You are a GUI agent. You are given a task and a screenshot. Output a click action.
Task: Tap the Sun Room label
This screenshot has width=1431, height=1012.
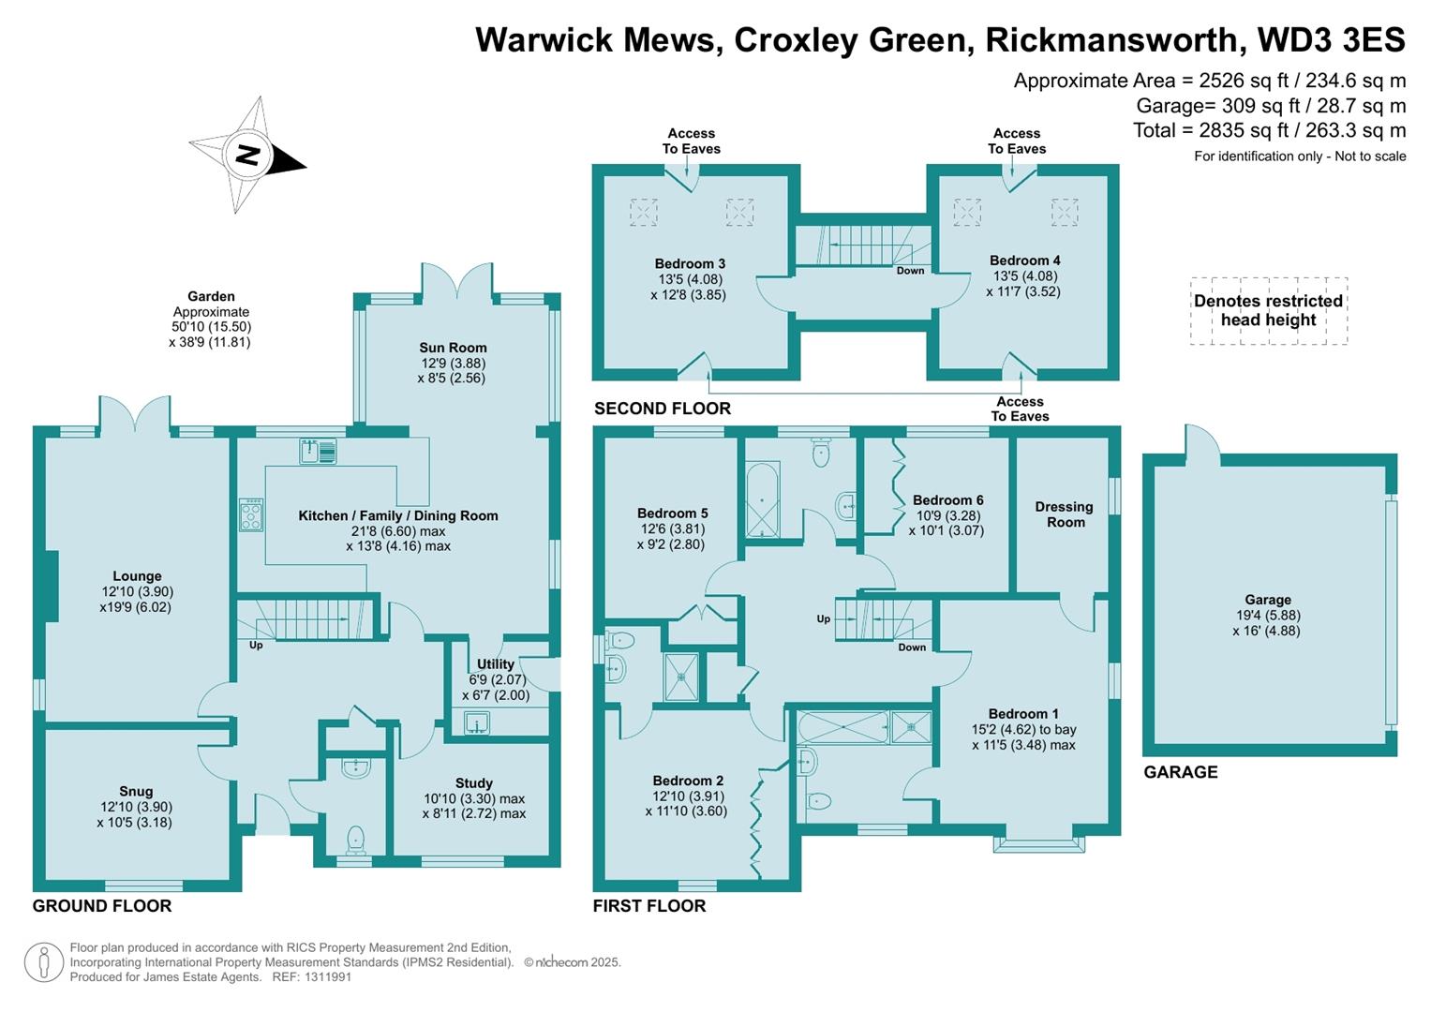[x=453, y=348]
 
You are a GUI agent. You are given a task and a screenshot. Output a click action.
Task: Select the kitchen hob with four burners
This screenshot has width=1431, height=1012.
[x=251, y=515]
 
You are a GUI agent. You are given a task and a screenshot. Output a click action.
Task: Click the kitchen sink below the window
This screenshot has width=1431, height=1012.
[x=318, y=451]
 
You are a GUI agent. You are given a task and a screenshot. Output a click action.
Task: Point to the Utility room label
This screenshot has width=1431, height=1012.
[x=495, y=663]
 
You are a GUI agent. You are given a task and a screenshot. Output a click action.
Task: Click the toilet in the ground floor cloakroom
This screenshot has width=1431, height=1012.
[x=355, y=841]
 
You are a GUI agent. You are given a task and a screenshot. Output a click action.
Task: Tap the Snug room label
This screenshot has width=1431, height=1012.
[x=136, y=791]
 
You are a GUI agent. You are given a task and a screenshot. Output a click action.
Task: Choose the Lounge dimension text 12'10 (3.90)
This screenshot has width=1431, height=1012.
[x=138, y=591]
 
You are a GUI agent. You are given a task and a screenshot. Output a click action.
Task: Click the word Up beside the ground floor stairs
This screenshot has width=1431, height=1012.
[x=256, y=646]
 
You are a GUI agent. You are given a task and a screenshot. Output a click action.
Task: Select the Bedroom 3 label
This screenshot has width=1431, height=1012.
[x=690, y=263]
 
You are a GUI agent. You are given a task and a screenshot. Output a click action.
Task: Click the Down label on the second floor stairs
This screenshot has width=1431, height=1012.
[x=910, y=270]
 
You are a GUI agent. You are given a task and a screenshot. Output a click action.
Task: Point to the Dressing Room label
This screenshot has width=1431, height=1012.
[x=1065, y=514]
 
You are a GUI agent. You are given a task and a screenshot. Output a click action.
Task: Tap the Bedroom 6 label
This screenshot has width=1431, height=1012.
[x=948, y=499]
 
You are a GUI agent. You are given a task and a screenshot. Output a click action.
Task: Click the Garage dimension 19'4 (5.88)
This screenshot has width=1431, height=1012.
[x=1268, y=616]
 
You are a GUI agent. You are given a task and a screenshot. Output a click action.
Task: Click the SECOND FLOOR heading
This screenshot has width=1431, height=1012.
[x=663, y=409]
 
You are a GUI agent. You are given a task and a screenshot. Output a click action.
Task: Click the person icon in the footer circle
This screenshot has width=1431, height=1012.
[x=44, y=962]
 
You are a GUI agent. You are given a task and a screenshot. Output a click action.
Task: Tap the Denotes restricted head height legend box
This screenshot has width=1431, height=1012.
[x=1269, y=311]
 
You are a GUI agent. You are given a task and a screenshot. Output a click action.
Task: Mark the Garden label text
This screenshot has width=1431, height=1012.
[x=211, y=296]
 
